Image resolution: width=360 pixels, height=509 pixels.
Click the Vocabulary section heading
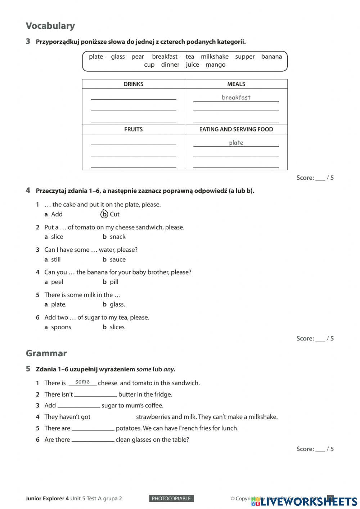pos(50,26)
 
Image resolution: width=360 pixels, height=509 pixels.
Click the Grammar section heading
pos(46,353)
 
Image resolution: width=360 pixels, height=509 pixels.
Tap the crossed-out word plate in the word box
pos(96,57)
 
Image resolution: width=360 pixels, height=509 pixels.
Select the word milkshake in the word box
pos(215,57)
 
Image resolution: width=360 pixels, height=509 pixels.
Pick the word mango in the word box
pos(215,65)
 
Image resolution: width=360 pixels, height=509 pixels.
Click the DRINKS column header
pos(133,84)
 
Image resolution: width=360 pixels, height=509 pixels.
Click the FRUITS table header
pos(133,129)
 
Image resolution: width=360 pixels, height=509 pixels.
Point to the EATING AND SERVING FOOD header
pos(236,129)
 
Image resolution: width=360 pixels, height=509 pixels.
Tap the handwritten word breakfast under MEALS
pos(236,97)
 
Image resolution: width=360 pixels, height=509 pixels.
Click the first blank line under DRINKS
pos(133,97)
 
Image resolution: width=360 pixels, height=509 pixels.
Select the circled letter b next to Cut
pos(104,214)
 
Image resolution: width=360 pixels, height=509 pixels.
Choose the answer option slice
pos(57,237)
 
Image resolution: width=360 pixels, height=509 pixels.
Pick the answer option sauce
pos(118,259)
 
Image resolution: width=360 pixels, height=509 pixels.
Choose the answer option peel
pos(57,282)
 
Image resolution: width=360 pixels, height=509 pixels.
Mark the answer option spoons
pos(61,327)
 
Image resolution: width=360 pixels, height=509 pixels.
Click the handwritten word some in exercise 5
pos(82,382)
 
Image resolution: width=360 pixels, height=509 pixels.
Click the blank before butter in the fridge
pos(95,394)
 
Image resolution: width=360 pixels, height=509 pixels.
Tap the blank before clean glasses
pos(93,439)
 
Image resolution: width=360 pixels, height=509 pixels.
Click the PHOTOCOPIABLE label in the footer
pos(171,499)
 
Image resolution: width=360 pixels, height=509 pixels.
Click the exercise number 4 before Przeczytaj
pos(28,191)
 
